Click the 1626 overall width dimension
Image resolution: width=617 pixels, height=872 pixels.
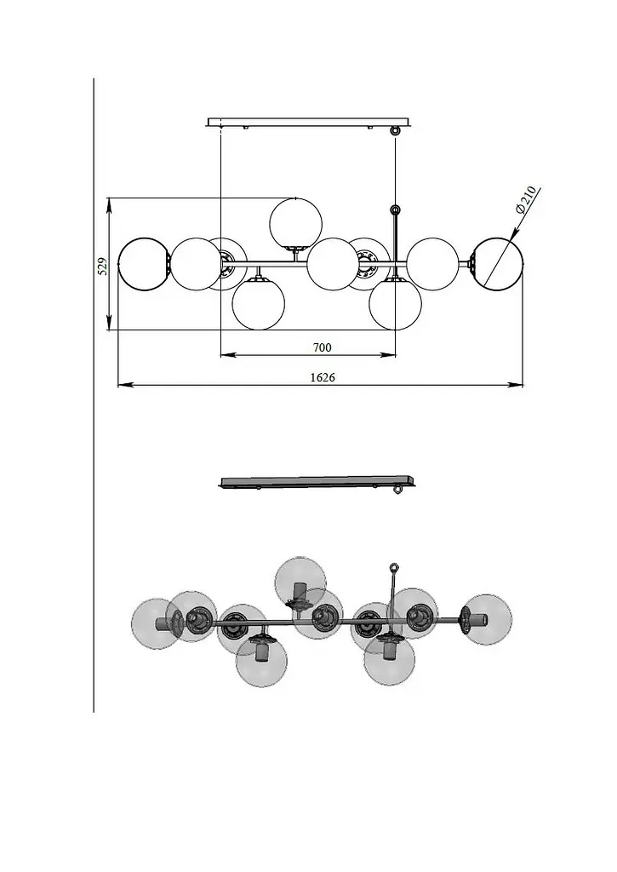pos(323,377)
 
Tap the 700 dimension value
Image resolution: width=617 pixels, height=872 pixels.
pos(322,348)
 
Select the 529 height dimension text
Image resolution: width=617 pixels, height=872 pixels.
pos(102,266)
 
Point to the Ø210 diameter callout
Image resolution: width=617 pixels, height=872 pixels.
pos(525,200)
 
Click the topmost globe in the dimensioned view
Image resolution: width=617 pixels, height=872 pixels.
pos(295,224)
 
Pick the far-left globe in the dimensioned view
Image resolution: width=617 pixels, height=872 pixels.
pos(144,264)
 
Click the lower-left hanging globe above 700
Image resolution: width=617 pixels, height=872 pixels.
pos(259,304)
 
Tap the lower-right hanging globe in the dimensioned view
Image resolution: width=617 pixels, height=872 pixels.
pos(396,304)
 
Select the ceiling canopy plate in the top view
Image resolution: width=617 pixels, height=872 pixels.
pos(310,122)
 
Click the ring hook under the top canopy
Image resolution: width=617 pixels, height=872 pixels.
pos(395,130)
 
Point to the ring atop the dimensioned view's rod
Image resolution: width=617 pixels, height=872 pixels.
pos(395,209)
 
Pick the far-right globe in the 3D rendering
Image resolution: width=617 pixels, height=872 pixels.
pos(487,619)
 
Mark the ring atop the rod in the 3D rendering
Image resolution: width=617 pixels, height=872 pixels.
pos(394,568)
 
